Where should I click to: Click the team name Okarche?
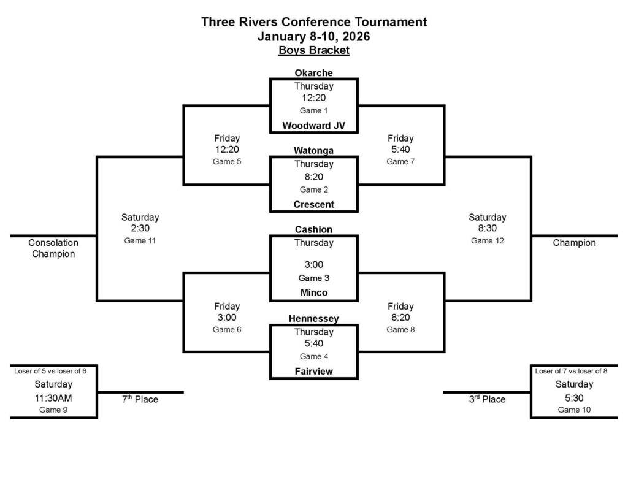click(x=313, y=73)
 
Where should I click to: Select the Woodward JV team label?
click(x=313, y=126)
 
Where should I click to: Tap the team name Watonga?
click(x=313, y=150)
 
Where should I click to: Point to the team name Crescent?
click(x=313, y=204)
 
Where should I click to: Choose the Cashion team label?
click(x=313, y=229)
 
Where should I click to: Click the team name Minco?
click(x=313, y=292)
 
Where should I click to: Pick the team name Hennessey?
click(x=313, y=319)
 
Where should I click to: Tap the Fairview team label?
click(x=313, y=372)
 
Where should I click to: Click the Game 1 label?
click(x=313, y=110)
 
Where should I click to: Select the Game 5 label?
click(x=227, y=162)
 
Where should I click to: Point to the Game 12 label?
click(x=487, y=240)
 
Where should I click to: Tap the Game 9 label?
click(x=53, y=410)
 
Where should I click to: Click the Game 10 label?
click(x=574, y=410)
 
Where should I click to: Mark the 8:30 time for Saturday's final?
click(x=487, y=228)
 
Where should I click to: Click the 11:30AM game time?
click(x=53, y=397)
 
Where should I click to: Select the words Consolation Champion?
click(x=53, y=248)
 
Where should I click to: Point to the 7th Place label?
click(x=140, y=399)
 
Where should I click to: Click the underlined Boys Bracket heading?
click(x=313, y=50)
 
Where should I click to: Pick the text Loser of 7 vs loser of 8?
click(x=574, y=371)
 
